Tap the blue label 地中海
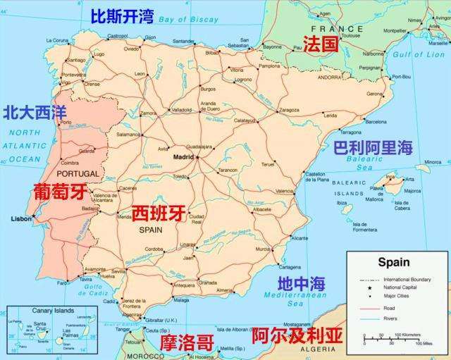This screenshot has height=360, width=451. [x=301, y=284]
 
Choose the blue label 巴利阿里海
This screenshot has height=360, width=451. [x=373, y=148]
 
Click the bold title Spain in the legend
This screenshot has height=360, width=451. [x=393, y=263]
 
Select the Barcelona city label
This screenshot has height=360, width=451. [x=376, y=122]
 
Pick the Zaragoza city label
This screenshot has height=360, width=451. [x=288, y=110]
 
